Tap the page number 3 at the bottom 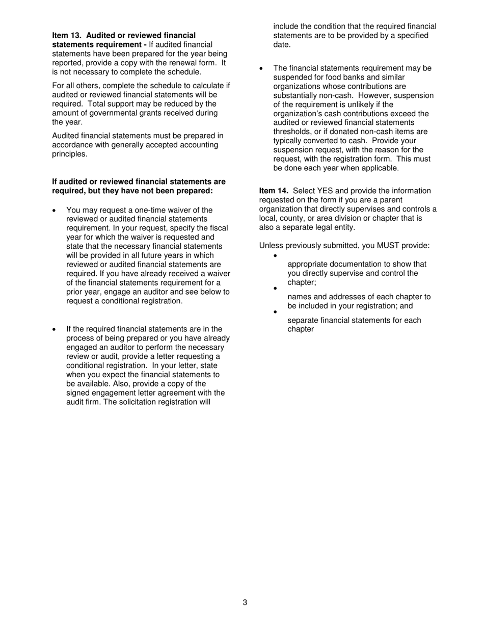point(245,603)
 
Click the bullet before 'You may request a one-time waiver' point(55,211)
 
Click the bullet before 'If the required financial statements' point(55,330)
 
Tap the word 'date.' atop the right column point(282,44)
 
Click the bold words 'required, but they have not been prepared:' point(132,191)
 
